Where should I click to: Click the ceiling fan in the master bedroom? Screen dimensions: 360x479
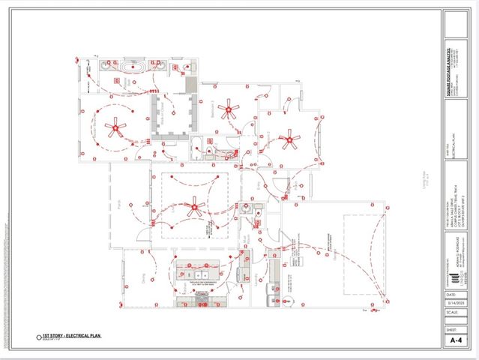point(114,127)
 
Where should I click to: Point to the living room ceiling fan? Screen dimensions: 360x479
point(195,205)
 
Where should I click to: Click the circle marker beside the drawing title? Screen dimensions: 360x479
point(39,337)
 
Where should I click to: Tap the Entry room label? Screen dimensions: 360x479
point(259,184)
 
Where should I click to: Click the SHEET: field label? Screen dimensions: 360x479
point(451,328)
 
